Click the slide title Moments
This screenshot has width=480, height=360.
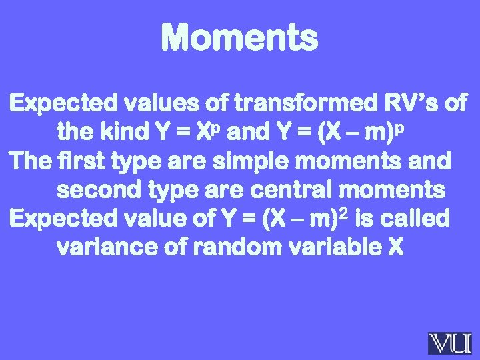pos(239,37)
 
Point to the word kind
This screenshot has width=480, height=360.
pos(125,133)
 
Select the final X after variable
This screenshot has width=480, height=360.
pos(395,248)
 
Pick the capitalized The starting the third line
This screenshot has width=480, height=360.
pos(29,162)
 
